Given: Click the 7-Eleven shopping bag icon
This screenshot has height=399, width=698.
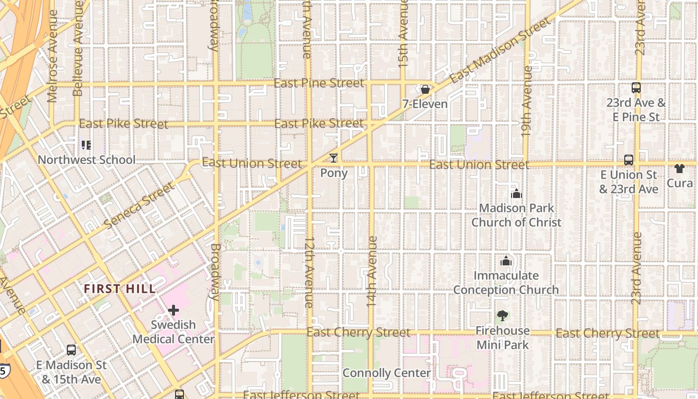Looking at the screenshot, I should (x=425, y=90).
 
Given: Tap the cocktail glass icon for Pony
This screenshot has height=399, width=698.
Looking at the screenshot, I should (x=334, y=158).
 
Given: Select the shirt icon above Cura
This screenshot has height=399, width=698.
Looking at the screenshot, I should (x=679, y=169).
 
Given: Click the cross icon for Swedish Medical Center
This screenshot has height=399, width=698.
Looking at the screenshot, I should (x=173, y=310).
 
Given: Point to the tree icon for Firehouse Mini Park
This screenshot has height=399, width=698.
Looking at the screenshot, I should (x=502, y=316).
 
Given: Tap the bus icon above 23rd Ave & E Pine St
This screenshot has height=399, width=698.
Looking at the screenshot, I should (x=636, y=88).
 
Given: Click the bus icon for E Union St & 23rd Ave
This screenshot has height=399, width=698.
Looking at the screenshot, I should (x=628, y=160).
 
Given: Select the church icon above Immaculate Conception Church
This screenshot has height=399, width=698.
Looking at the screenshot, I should (x=506, y=261).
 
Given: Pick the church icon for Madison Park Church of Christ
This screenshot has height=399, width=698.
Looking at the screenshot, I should (x=516, y=194).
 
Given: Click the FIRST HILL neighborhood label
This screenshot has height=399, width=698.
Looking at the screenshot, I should (x=120, y=289).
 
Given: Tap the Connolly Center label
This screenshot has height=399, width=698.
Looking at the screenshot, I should (x=386, y=373).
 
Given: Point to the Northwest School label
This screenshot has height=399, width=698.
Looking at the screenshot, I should (x=87, y=160).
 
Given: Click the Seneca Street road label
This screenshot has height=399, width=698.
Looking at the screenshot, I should (x=140, y=205).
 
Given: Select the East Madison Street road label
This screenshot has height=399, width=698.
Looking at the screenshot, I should (x=501, y=50).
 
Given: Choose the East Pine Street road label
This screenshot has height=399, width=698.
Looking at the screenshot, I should (x=319, y=83).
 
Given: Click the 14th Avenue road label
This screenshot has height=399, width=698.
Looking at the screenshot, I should (x=371, y=271).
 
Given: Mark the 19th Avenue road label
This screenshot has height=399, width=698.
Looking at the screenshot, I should (x=526, y=102).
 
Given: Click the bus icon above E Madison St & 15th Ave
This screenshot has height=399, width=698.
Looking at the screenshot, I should (x=71, y=350).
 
